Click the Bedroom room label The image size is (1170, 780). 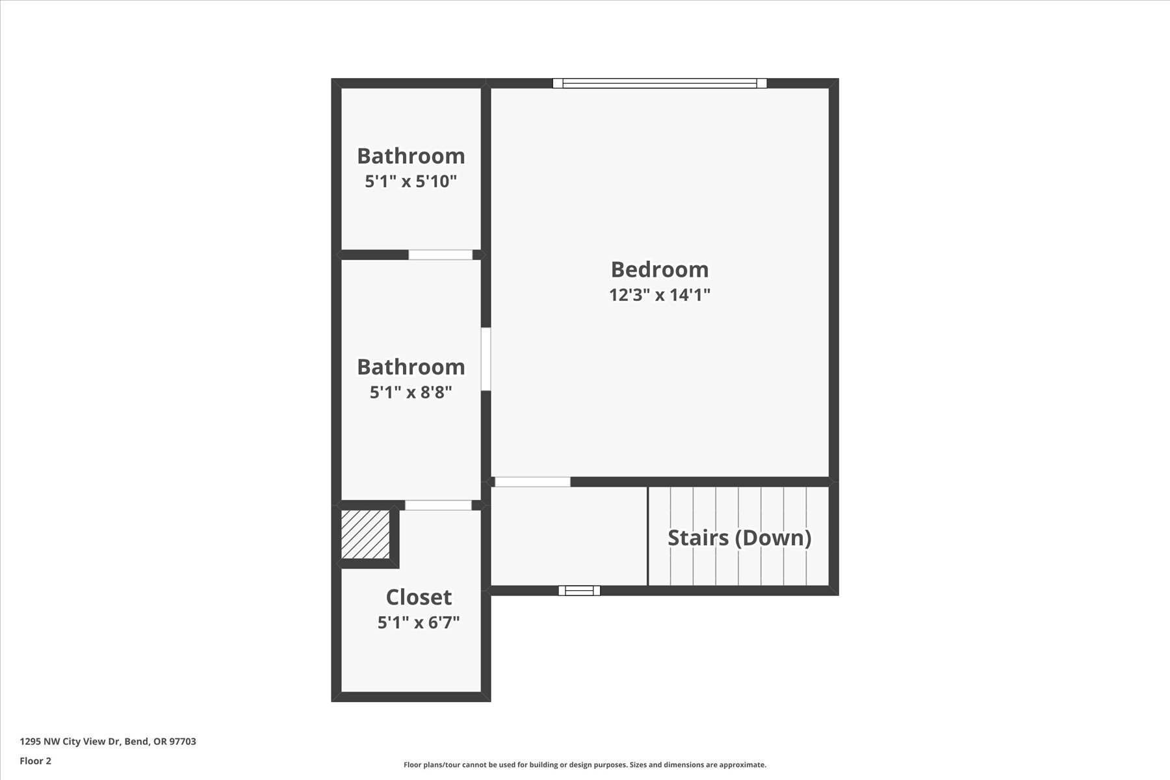coord(659,270)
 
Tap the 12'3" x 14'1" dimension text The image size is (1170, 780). coord(659,295)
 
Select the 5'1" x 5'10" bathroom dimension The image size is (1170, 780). coord(411,181)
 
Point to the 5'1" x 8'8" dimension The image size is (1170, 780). coord(411,393)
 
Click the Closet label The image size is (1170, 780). coord(419,597)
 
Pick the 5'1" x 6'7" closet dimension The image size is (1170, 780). coord(419,623)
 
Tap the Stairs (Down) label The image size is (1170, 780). coord(739,538)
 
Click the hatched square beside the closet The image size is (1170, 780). coord(365,534)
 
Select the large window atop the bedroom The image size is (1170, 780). coord(659,83)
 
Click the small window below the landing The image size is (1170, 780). coord(579,590)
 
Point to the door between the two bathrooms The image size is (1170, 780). coord(440,255)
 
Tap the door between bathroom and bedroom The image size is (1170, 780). coord(486,359)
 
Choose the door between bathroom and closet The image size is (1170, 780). coord(438,505)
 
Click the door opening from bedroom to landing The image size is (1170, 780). coord(532,482)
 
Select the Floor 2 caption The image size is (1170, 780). coord(35,761)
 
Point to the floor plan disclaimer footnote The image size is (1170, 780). coord(584,765)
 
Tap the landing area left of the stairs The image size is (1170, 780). coord(568,536)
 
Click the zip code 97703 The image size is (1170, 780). coord(182,742)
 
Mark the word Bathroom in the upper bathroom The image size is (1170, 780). coord(411,156)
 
